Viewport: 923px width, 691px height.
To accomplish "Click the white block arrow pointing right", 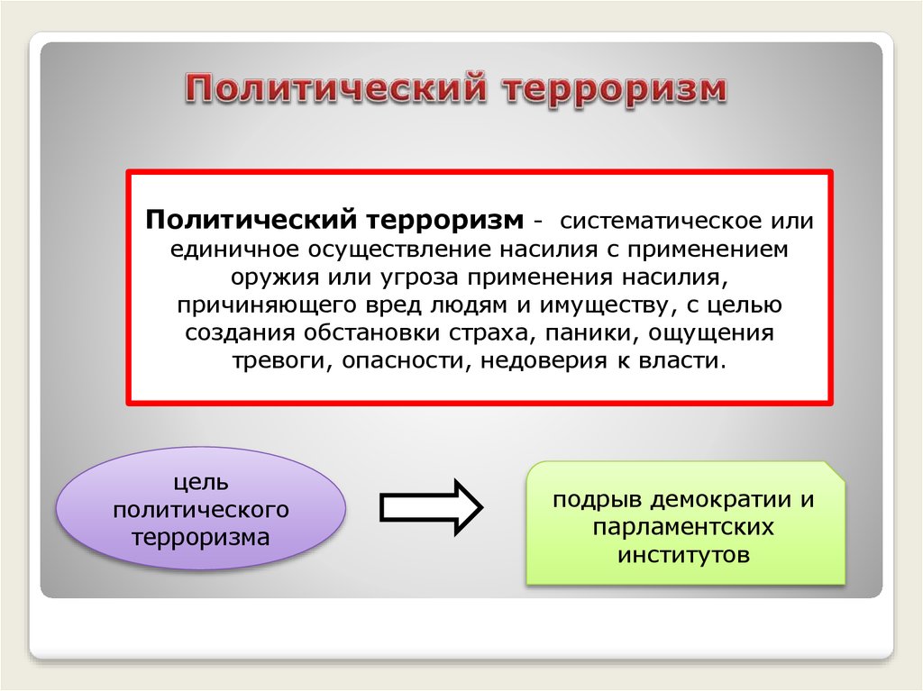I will pos(431,507).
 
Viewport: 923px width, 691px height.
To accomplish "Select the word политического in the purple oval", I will pos(201,510).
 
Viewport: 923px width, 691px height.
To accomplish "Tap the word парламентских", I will pos(685,526).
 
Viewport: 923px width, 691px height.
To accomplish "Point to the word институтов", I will pos(684,554).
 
